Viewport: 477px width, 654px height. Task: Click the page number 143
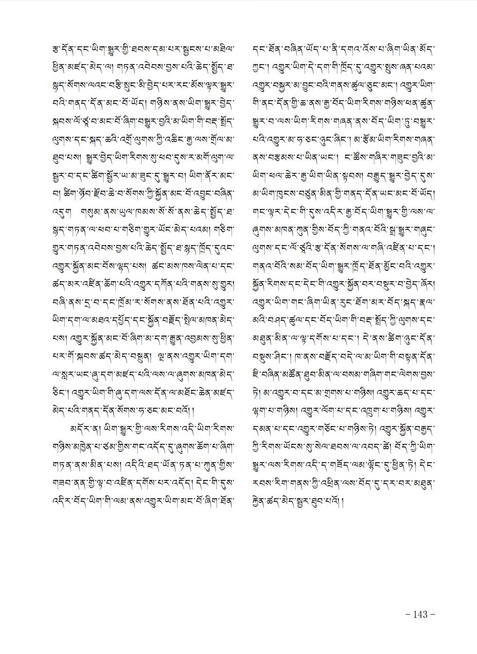(420, 614)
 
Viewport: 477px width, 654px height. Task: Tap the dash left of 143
(408, 614)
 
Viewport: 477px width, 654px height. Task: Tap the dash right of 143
(432, 614)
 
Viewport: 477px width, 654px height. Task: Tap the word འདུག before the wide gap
(60, 205)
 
